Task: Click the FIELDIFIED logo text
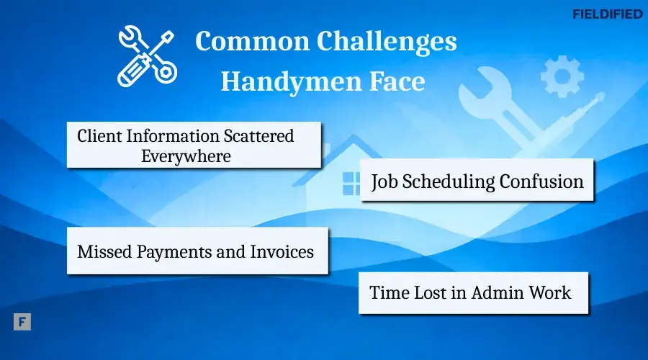coord(607,14)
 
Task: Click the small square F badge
coord(22,322)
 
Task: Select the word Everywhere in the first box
coord(186,156)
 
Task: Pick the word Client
coord(98,135)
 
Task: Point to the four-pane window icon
coord(351,184)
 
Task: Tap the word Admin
coord(498,293)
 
